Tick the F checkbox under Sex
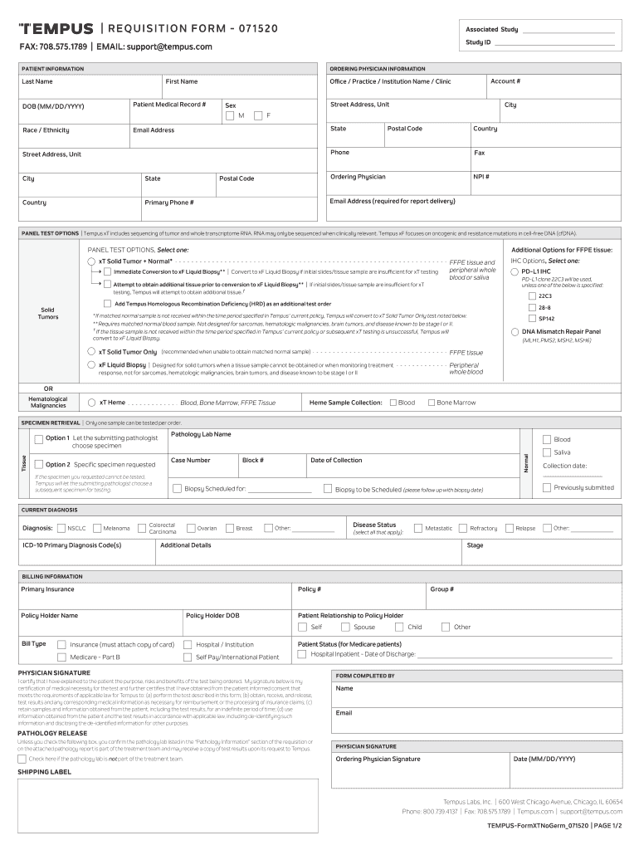258,115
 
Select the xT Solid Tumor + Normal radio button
91,261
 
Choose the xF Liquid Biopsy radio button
91,364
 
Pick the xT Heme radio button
91,403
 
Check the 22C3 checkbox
532,295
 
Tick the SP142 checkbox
532,318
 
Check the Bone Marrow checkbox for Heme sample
431,403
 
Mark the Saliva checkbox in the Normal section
546,452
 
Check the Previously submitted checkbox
546,487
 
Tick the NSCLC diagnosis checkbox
61,528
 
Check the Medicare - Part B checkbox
61,657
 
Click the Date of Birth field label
53,106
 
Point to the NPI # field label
481,176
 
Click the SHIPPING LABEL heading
45,772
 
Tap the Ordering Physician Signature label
378,759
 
